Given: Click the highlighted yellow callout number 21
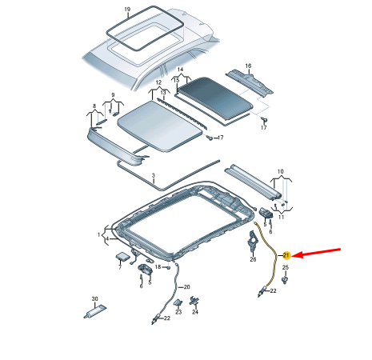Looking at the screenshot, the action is (x=286, y=255).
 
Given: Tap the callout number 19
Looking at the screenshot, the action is (x=127, y=10).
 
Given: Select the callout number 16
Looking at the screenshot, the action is (x=248, y=66).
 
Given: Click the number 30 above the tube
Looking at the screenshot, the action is (x=95, y=299).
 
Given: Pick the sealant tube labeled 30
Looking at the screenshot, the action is (x=95, y=311).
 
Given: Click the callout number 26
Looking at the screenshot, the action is (x=253, y=259).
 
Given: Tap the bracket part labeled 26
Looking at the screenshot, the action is (x=252, y=241).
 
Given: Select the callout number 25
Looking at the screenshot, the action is (x=286, y=267).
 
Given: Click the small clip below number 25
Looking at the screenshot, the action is (x=285, y=280).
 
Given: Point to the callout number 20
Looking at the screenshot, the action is (x=187, y=287).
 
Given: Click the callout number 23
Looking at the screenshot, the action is (x=178, y=312).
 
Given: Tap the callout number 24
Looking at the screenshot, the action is (x=195, y=312).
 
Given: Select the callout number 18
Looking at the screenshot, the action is (x=158, y=267).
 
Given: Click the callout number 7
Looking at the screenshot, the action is (x=120, y=267).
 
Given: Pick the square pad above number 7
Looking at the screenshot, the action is (x=122, y=256).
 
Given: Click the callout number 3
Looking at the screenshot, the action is (x=154, y=175).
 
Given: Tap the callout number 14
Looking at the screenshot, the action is (x=180, y=70).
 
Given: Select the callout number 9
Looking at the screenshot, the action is (x=113, y=95).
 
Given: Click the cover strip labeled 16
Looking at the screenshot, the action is (x=250, y=82).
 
